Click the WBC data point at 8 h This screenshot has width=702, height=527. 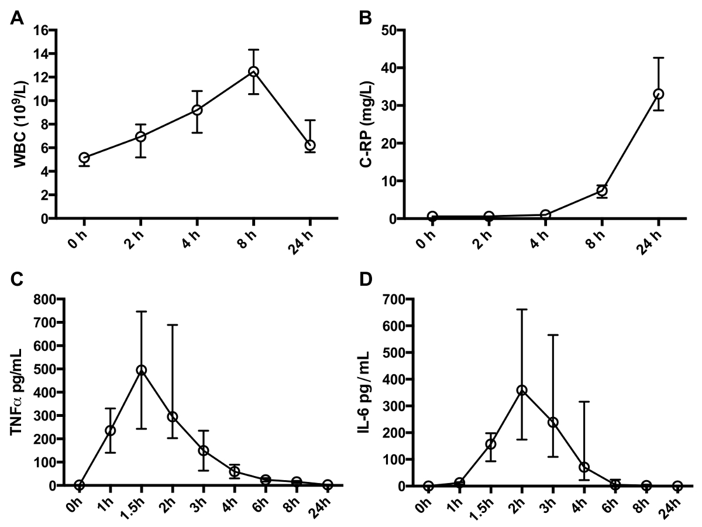[253, 71]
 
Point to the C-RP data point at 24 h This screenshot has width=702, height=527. [658, 94]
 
